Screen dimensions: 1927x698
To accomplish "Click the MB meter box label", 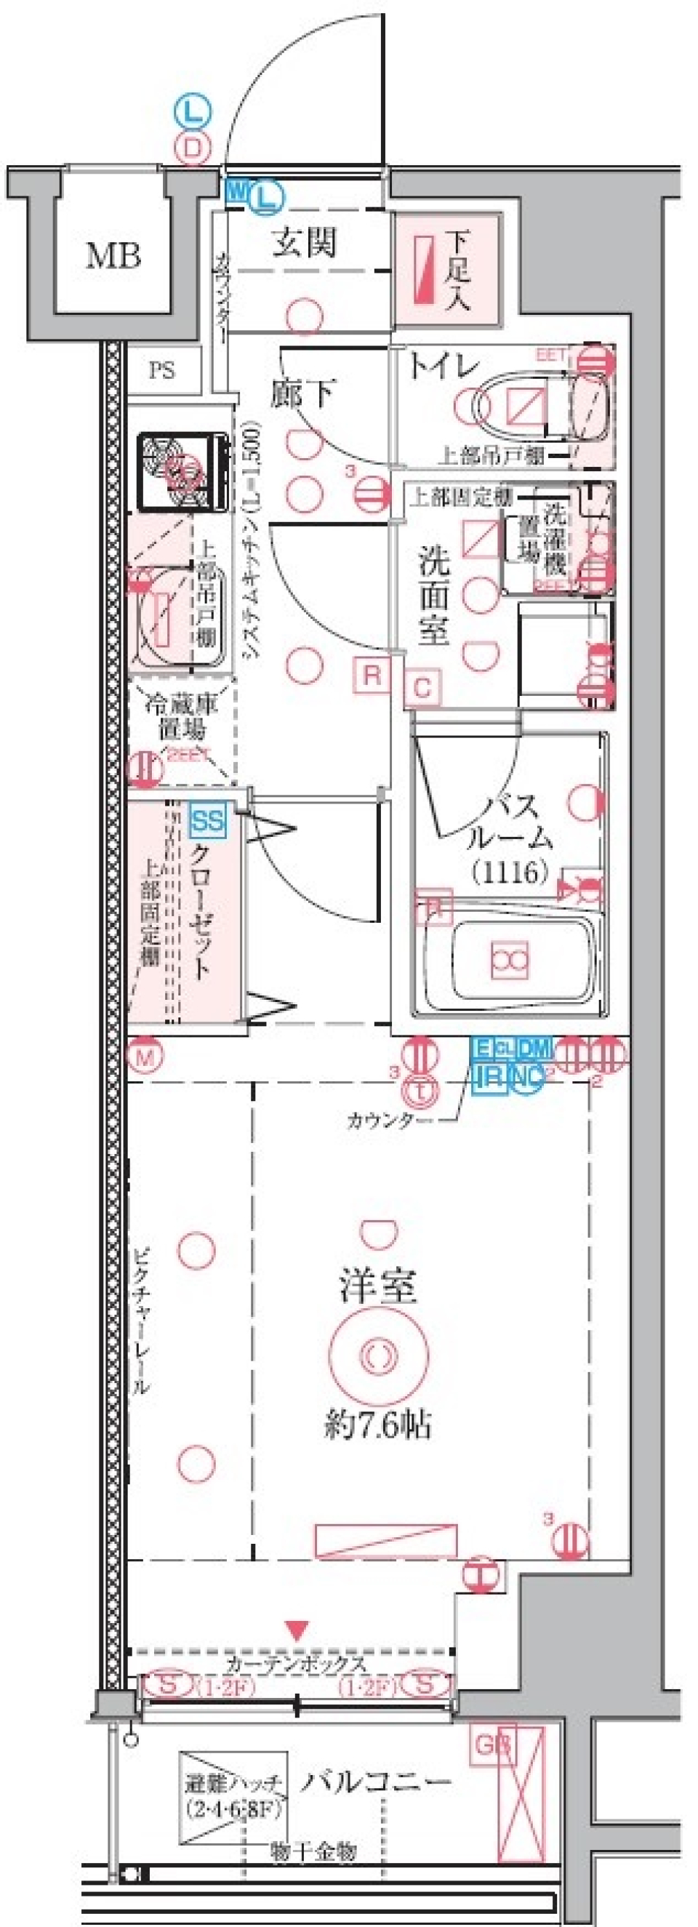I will pos(113,257).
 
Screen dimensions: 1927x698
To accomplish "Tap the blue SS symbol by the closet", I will pos(207,821).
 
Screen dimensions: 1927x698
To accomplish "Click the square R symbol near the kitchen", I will pos(372,676).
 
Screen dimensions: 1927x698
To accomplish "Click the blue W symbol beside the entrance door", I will pos(236,190).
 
